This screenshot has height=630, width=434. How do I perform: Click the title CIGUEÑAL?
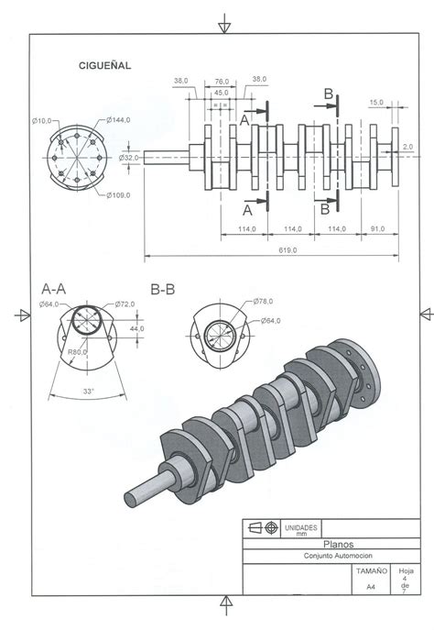pyautogui.click(x=106, y=65)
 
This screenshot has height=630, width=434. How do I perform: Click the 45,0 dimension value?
pyautogui.click(x=221, y=93)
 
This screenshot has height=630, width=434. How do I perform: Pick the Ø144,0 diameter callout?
pyautogui.click(x=119, y=120)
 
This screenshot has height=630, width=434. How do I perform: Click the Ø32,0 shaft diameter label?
pyautogui.click(x=128, y=158)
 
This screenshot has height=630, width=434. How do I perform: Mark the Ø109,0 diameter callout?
pyautogui.click(x=119, y=194)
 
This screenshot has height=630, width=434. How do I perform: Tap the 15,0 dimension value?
pyautogui.click(x=375, y=102)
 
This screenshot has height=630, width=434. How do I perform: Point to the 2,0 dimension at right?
pyautogui.click(x=407, y=146)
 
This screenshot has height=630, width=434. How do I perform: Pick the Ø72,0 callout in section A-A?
pyautogui.click(x=125, y=304)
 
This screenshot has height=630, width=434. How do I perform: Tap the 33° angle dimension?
pyautogui.click(x=90, y=392)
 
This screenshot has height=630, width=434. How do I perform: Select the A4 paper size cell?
pyautogui.click(x=371, y=586)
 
